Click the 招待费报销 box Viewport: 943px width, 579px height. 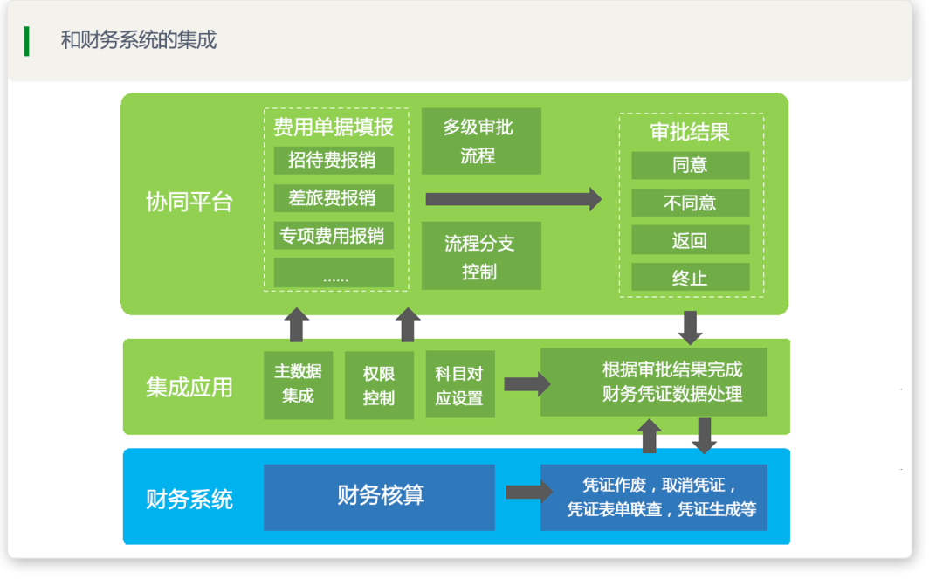(334, 160)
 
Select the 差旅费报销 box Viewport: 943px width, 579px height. (334, 198)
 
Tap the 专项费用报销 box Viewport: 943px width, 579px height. (334, 236)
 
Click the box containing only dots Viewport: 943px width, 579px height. (334, 273)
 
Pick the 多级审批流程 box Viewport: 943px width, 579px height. (481, 141)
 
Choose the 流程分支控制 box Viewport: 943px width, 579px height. (481, 256)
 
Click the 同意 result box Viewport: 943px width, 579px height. (691, 165)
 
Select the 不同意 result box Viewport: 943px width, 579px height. (691, 203)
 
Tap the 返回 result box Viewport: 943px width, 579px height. (691, 240)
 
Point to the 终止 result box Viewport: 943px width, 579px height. (691, 277)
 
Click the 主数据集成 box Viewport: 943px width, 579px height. (299, 385)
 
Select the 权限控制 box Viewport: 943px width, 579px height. (379, 385)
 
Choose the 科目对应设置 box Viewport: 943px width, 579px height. (460, 384)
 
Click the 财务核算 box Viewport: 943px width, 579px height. (380, 497)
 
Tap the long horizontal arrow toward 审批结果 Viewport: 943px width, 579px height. (513, 199)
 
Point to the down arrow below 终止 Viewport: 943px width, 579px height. (691, 328)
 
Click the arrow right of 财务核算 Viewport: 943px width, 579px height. (529, 493)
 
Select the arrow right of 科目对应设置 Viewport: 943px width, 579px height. (527, 384)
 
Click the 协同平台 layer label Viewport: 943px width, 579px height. (189, 202)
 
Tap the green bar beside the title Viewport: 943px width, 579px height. (26, 41)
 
